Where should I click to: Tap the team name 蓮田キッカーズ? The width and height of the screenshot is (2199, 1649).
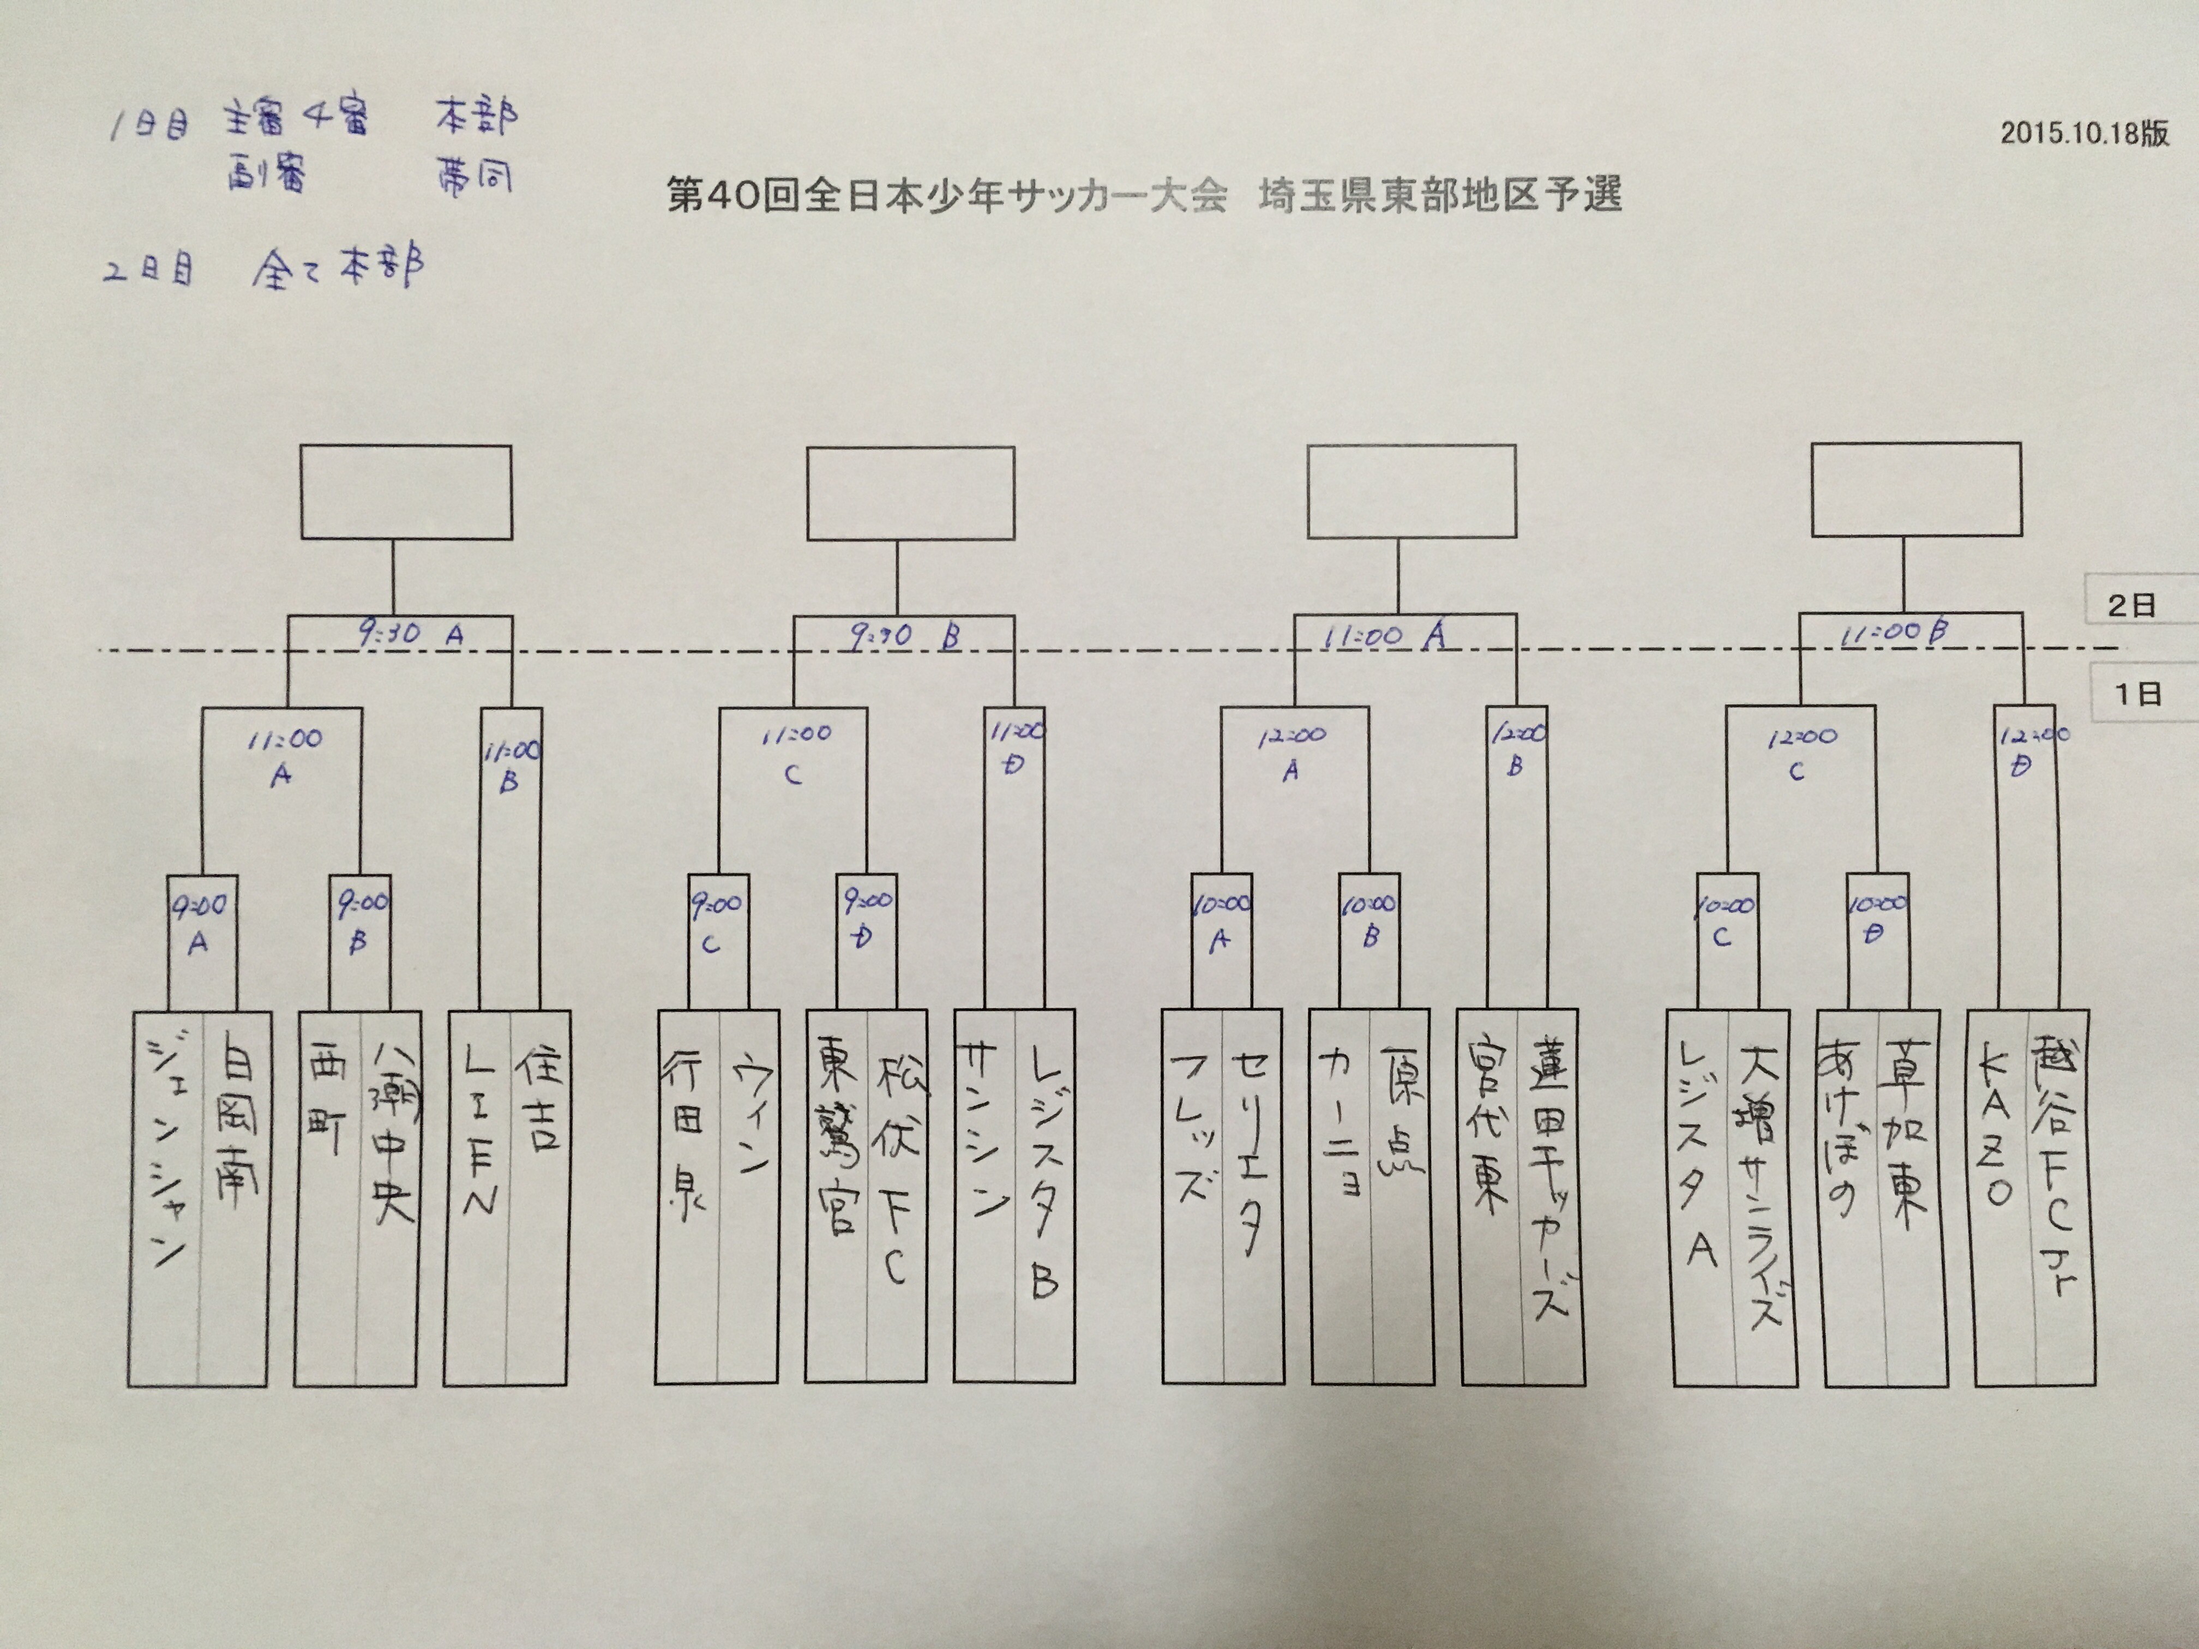(1551, 1183)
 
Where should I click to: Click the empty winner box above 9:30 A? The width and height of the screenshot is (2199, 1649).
(406, 492)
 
